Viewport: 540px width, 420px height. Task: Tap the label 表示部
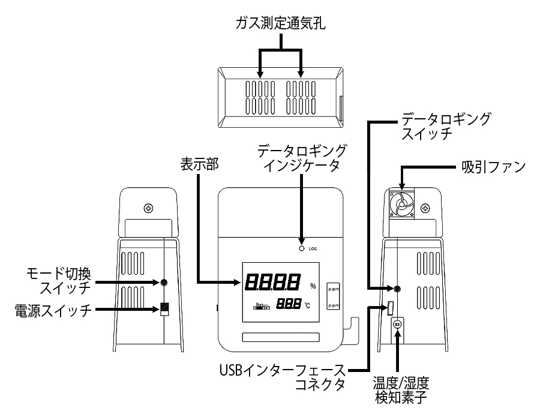[197, 163]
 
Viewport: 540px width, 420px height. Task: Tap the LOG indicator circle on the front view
[301, 247]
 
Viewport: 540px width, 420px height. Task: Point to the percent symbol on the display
[312, 286]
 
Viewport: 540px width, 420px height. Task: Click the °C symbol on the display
[307, 305]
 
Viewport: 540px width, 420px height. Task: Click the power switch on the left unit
[164, 310]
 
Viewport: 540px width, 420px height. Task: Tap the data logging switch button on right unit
[397, 289]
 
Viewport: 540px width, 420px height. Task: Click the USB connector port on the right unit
[390, 308]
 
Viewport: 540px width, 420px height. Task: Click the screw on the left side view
[148, 209]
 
